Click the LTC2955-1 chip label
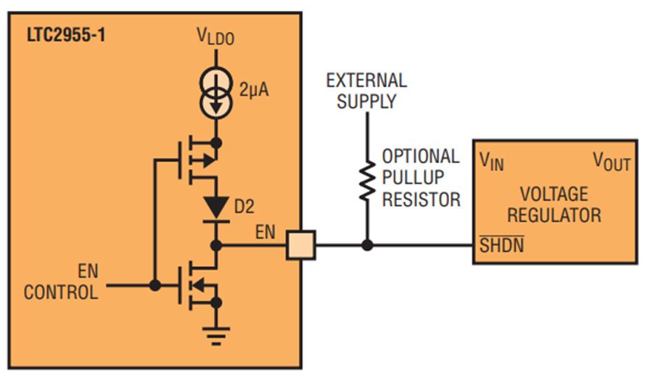tap(66, 35)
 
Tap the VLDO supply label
tap(215, 36)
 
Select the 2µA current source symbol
tap(215, 94)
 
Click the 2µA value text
tap(254, 90)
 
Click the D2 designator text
tap(245, 207)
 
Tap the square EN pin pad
tap(300, 246)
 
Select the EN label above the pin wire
tap(266, 232)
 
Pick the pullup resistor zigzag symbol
tap(367, 181)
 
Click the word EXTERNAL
tap(366, 80)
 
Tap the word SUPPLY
tap(366, 101)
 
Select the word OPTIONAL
tap(421, 157)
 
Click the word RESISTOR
tap(422, 199)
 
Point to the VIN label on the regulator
tap(491, 162)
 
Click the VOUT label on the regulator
tap(612, 162)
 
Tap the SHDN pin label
tap(502, 245)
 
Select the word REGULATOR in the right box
tap(554, 215)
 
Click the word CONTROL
tap(61, 292)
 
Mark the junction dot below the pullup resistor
tap(367, 246)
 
